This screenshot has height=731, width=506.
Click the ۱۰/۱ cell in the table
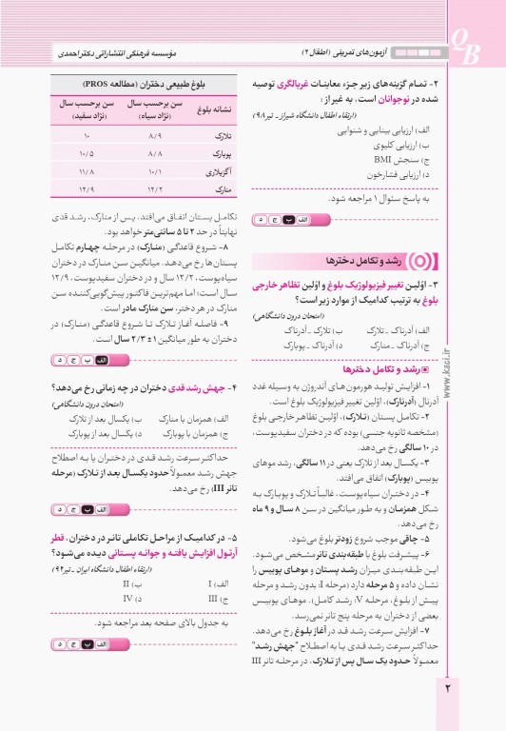pyautogui.click(x=155, y=176)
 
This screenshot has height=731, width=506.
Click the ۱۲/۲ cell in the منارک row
pyautogui.click(x=155, y=194)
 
